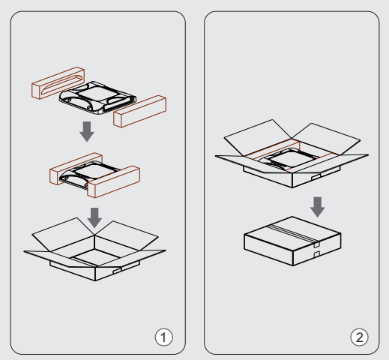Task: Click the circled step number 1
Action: [x=163, y=337]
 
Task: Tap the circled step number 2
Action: [x=359, y=337]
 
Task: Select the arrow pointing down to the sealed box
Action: [x=318, y=207]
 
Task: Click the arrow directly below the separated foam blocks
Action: [x=87, y=132]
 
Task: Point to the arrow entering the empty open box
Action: [x=94, y=217]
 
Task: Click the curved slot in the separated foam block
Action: [x=62, y=84]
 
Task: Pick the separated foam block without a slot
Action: [x=140, y=111]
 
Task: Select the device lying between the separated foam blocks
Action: [x=97, y=97]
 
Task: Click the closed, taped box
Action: [x=292, y=241]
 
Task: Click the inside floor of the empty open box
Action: [x=94, y=257]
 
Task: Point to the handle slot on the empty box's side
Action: [x=117, y=271]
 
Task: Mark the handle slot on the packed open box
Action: [x=316, y=177]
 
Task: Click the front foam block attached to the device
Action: [x=114, y=181]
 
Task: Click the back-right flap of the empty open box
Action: [x=127, y=235]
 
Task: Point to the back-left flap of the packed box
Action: [x=257, y=137]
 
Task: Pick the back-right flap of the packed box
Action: [x=326, y=139]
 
